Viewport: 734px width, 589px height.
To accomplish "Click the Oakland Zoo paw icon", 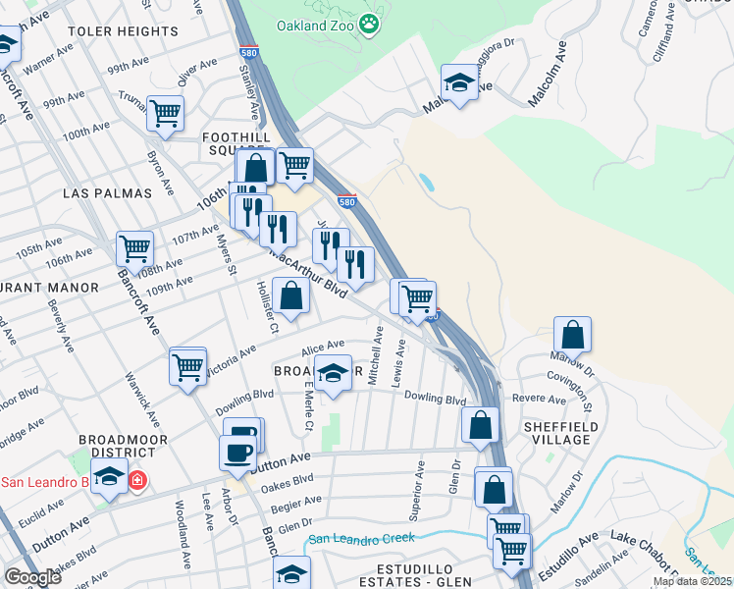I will pyautogui.click(x=369, y=24).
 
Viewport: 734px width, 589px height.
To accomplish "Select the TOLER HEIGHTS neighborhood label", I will pyautogui.click(x=124, y=31).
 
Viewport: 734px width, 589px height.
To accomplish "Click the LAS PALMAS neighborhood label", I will pyautogui.click(x=108, y=193).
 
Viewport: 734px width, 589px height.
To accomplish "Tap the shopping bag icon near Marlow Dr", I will pyautogui.click(x=572, y=334).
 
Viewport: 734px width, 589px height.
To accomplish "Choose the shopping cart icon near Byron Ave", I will pyautogui.click(x=165, y=113).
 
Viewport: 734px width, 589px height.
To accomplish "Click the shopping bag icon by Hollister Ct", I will pyautogui.click(x=290, y=294).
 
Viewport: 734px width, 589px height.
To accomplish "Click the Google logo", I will pyautogui.click(x=31, y=577).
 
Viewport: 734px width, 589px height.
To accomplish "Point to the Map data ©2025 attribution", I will pyautogui.click(x=692, y=581).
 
